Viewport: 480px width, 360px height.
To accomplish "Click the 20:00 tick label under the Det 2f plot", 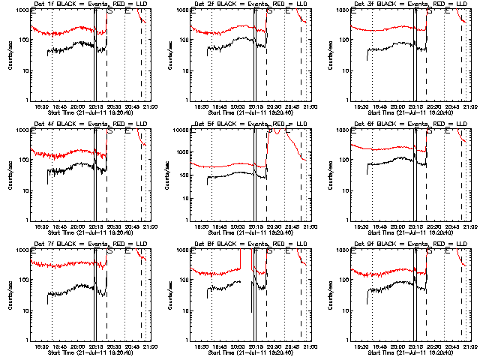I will (239, 106).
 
